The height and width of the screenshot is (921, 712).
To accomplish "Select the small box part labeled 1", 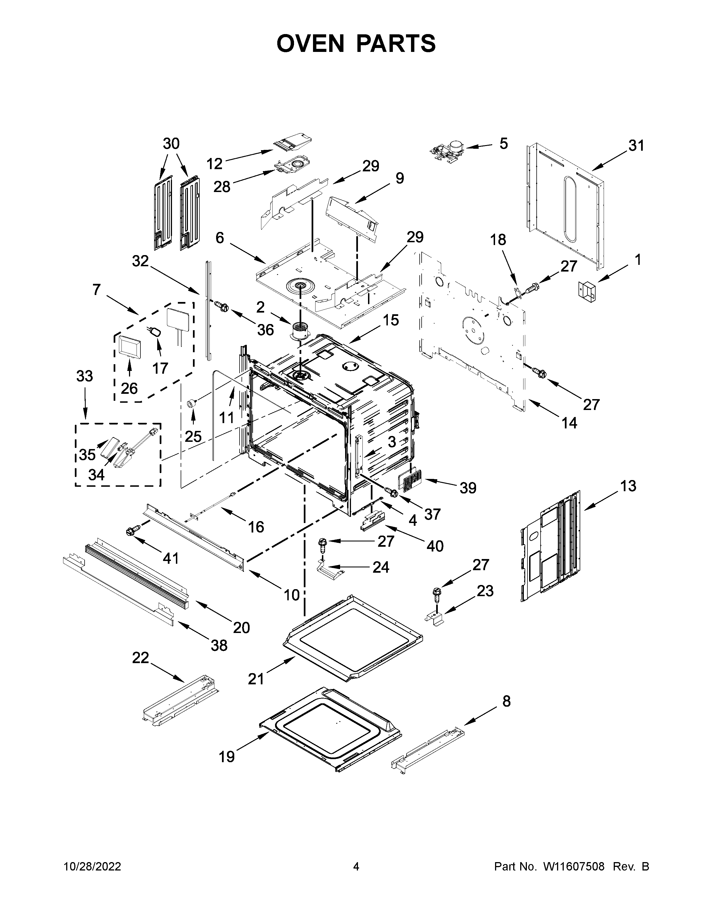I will pyautogui.click(x=587, y=291).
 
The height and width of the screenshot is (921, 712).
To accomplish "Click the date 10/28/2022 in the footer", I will pyautogui.click(x=92, y=867).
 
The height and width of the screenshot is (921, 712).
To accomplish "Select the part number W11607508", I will pyautogui.click(x=574, y=867).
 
